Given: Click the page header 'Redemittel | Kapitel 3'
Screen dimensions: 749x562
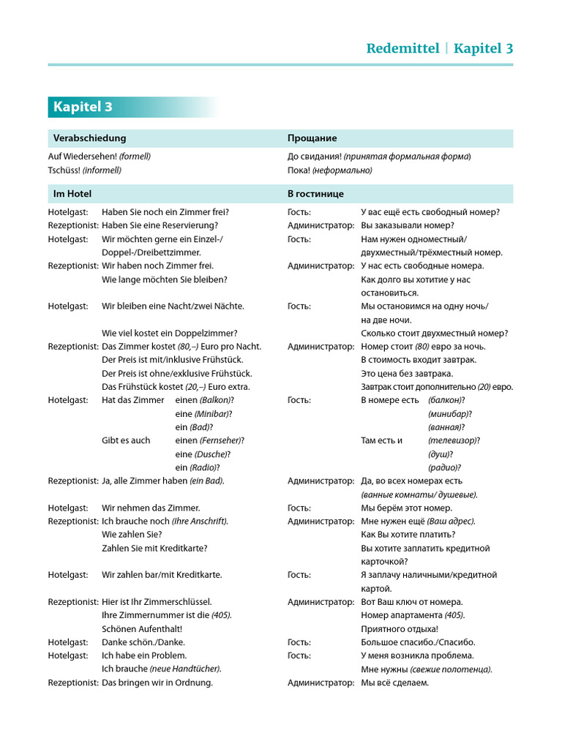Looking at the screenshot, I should click(439, 48).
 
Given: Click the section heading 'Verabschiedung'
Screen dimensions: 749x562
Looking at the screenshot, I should click(89, 138).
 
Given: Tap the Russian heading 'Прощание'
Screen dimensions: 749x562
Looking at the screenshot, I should click(312, 138).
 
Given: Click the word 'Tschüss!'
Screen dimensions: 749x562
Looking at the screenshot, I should click(64, 170).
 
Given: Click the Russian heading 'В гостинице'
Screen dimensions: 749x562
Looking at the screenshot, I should click(315, 194).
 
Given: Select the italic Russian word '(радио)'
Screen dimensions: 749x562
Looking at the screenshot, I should click(444, 467).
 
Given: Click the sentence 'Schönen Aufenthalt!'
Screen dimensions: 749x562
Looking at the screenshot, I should click(142, 628).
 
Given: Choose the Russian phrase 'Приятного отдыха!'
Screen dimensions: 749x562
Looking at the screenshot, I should click(400, 628).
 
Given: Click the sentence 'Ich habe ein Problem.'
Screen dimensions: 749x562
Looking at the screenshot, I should click(144, 655).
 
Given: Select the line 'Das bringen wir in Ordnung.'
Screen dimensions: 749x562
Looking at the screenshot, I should click(157, 682).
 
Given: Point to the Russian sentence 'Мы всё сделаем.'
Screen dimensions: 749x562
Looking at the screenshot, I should click(394, 682).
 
